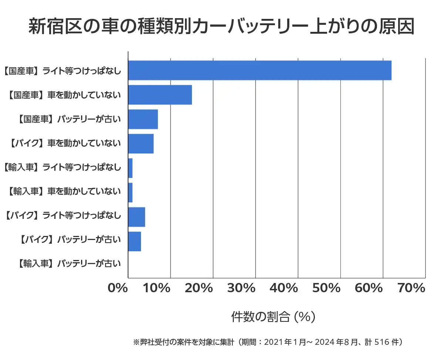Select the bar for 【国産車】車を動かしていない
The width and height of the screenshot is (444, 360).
(x=160, y=95)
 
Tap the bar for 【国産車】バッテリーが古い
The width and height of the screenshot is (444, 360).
(x=143, y=119)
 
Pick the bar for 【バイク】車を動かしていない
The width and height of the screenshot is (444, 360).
(x=141, y=144)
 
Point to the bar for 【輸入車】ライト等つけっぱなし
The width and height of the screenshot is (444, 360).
(x=130, y=168)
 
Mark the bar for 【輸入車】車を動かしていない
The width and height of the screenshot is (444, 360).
(x=130, y=193)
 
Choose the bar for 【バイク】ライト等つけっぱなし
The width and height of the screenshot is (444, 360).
(x=137, y=217)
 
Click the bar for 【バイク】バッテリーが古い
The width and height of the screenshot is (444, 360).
(x=134, y=241)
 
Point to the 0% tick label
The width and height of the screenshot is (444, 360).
(x=117, y=288)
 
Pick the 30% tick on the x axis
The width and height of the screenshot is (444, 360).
(x=241, y=288)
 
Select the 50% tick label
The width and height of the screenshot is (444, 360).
(x=326, y=288)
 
